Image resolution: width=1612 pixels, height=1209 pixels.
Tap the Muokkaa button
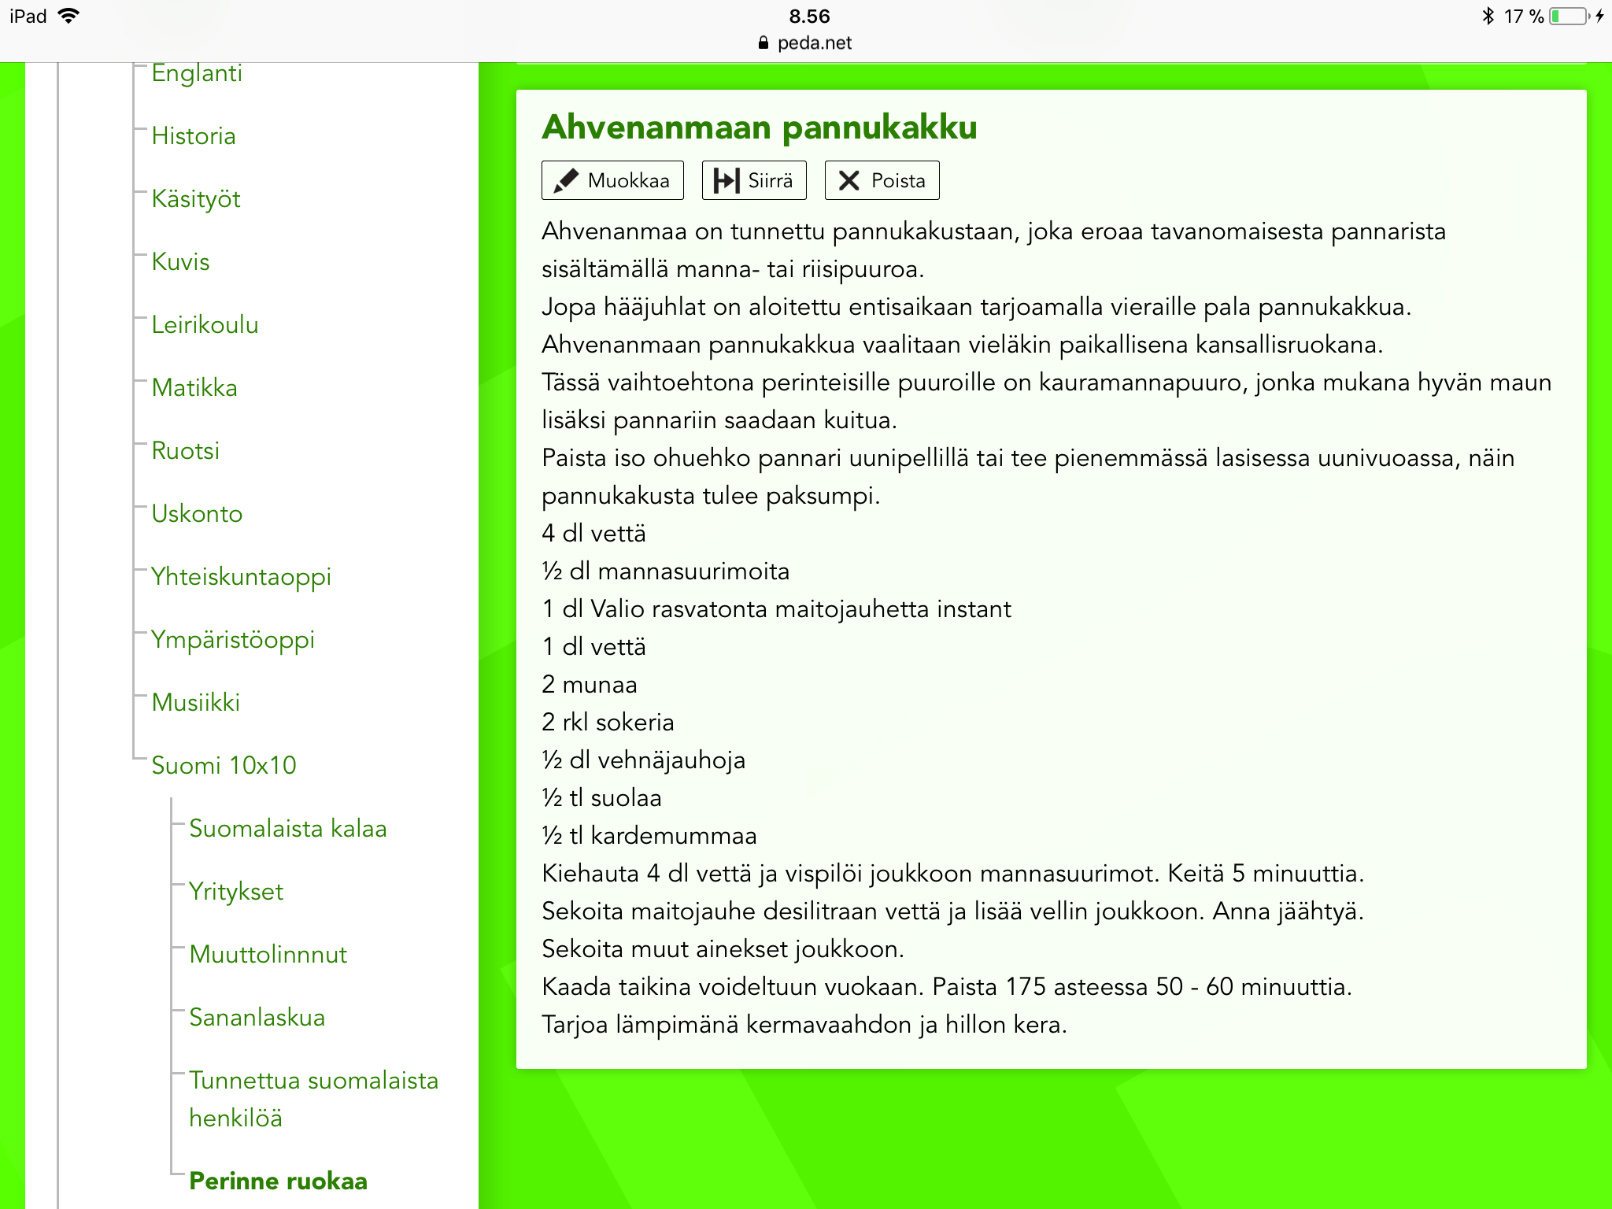(612, 180)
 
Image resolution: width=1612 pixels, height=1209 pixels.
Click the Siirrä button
(753, 180)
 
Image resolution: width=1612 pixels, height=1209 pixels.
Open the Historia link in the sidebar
(194, 136)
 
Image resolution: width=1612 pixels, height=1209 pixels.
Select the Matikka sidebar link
(194, 388)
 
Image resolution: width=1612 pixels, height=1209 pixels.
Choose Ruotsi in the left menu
(186, 451)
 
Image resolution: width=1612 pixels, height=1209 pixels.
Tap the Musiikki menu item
(196, 703)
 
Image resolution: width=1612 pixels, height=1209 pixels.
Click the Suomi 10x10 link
(224, 766)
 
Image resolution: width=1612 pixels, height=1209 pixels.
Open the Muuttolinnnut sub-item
(268, 955)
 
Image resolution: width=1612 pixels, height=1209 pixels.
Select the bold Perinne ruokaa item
(279, 1181)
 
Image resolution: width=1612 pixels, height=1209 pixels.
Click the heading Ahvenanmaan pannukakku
(760, 128)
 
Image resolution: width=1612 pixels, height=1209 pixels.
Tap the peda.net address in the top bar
(814, 43)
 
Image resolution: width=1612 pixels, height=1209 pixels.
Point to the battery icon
(1569, 17)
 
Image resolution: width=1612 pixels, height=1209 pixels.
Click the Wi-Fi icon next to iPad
(69, 17)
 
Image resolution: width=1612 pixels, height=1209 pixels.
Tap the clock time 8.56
(809, 17)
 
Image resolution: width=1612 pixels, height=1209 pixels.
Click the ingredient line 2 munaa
(590, 685)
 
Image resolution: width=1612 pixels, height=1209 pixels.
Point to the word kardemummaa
(674, 836)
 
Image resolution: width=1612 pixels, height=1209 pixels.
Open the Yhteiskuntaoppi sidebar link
(241, 577)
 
